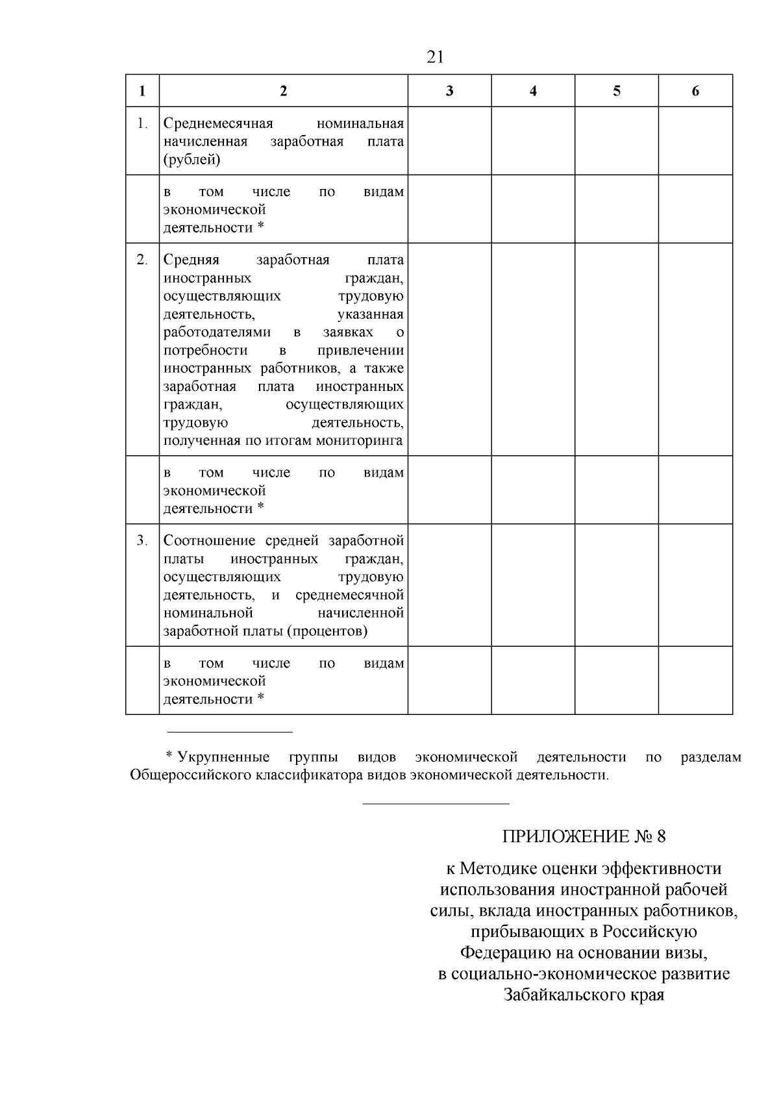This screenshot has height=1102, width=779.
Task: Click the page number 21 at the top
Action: (x=436, y=57)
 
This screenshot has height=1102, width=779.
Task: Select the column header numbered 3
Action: (x=449, y=91)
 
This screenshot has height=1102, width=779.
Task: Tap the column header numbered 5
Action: (x=616, y=91)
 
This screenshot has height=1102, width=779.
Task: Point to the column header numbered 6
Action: (x=695, y=91)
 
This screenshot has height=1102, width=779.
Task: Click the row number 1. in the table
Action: (x=142, y=123)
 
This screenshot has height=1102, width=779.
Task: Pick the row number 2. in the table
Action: (x=142, y=260)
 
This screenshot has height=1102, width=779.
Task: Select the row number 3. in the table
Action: (x=142, y=540)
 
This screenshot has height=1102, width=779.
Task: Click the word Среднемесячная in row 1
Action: (x=218, y=123)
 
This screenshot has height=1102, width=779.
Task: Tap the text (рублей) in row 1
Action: (x=192, y=160)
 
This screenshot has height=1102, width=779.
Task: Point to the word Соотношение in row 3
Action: (x=212, y=540)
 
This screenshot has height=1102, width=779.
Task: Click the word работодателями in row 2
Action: (x=217, y=332)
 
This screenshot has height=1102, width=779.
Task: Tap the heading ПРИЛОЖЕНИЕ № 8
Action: (x=584, y=836)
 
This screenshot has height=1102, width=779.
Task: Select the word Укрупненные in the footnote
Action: (x=224, y=757)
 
